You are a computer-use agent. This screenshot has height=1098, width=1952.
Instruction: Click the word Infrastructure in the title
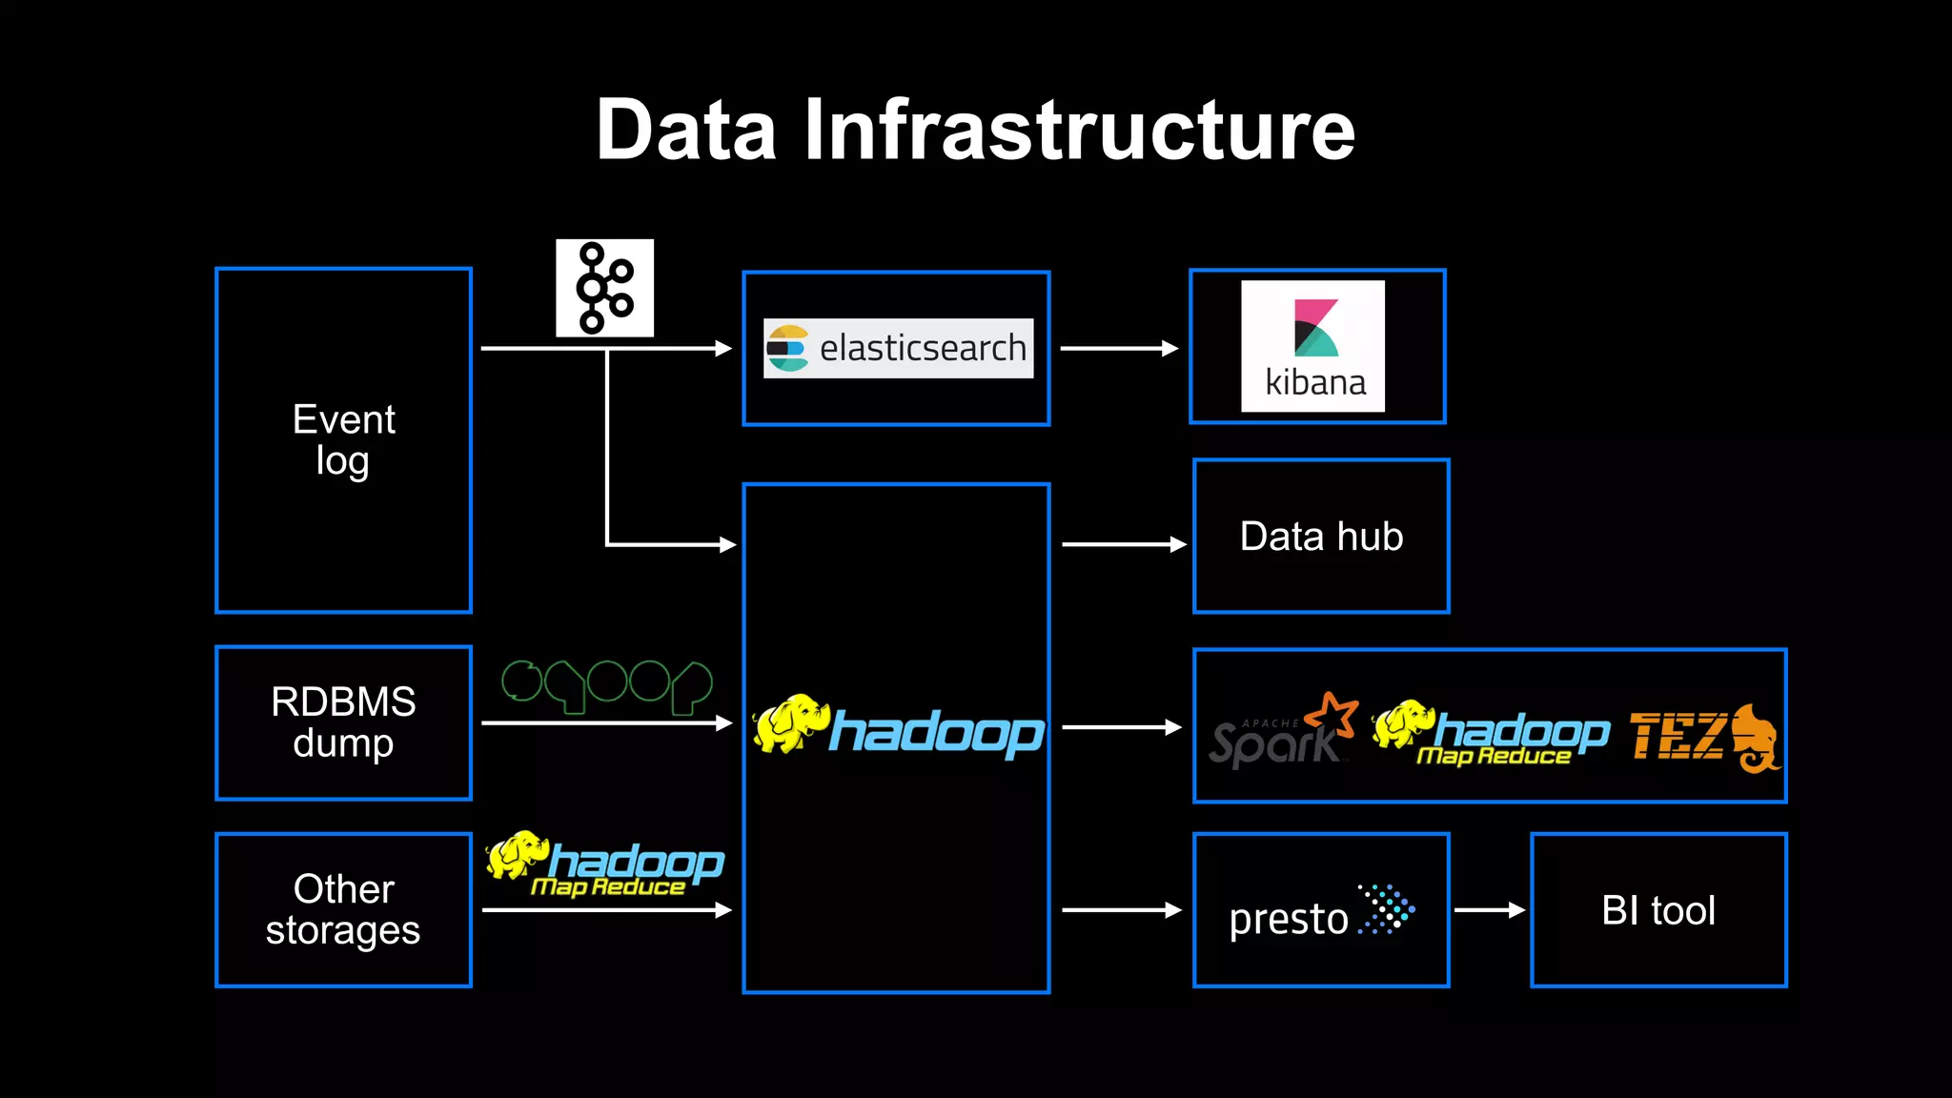(1079, 131)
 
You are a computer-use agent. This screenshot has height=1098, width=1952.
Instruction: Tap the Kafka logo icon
(604, 288)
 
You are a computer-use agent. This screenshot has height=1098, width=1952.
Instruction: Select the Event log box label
(343, 439)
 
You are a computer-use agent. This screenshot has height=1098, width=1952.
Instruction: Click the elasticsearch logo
(898, 348)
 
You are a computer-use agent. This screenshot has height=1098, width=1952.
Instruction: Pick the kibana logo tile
(1312, 346)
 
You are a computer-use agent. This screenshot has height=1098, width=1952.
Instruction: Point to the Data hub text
(1321, 537)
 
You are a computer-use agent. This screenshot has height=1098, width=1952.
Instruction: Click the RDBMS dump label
(343, 722)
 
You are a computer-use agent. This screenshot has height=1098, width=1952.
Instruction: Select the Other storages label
(343, 909)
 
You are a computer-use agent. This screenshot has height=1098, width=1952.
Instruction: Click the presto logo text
(1289, 919)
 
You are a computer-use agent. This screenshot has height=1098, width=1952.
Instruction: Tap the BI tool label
(1658, 910)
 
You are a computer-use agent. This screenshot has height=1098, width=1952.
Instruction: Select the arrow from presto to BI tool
(1489, 910)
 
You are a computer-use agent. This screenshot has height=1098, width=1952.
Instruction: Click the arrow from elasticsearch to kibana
(1119, 349)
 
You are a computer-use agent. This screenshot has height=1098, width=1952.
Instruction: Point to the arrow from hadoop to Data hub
(1123, 544)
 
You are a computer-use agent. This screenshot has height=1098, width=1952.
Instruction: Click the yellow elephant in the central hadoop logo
(789, 724)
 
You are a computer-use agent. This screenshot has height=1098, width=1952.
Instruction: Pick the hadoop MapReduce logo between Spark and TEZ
(1491, 734)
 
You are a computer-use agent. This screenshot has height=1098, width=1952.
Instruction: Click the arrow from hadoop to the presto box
(1121, 910)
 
